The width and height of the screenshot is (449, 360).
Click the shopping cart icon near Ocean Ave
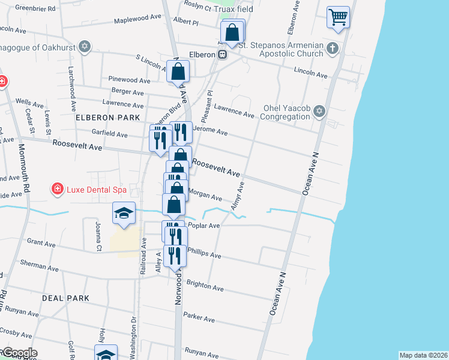coord(339,17)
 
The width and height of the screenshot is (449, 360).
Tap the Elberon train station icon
coord(222,54)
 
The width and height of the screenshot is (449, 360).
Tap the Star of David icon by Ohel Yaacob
coord(319,112)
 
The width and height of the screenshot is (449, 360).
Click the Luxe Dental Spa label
coord(96,190)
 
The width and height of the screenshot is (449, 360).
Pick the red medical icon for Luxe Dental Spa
coord(57,190)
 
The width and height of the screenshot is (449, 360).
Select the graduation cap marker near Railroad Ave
coord(124,214)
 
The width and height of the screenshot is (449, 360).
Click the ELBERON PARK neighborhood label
coord(108,117)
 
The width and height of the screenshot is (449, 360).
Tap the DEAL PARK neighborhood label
coord(66,298)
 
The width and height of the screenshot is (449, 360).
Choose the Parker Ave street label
coord(199,316)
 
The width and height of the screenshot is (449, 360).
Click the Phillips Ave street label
coord(204,253)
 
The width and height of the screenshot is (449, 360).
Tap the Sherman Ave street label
coord(38,263)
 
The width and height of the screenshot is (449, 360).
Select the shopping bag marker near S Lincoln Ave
coord(178,72)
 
